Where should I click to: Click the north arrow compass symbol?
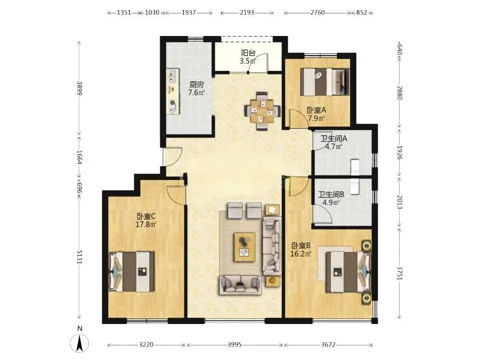[80, 342]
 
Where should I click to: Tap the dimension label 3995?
[234, 345]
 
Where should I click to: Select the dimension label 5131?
[79, 256]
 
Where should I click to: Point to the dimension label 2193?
[247, 12]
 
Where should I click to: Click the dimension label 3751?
[400, 273]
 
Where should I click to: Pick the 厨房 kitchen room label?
[196, 84]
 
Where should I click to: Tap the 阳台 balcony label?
[248, 53]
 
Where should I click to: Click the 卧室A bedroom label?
[316, 110]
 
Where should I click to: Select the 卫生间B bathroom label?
[331, 195]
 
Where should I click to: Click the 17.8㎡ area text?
[146, 224]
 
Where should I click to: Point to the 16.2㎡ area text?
[301, 254]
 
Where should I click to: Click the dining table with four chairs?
[262, 111]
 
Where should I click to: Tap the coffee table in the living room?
[244, 247]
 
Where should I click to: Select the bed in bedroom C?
[132, 272]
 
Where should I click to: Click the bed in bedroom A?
[325, 82]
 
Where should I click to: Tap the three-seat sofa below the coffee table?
[241, 285]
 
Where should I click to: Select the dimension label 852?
[361, 12]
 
